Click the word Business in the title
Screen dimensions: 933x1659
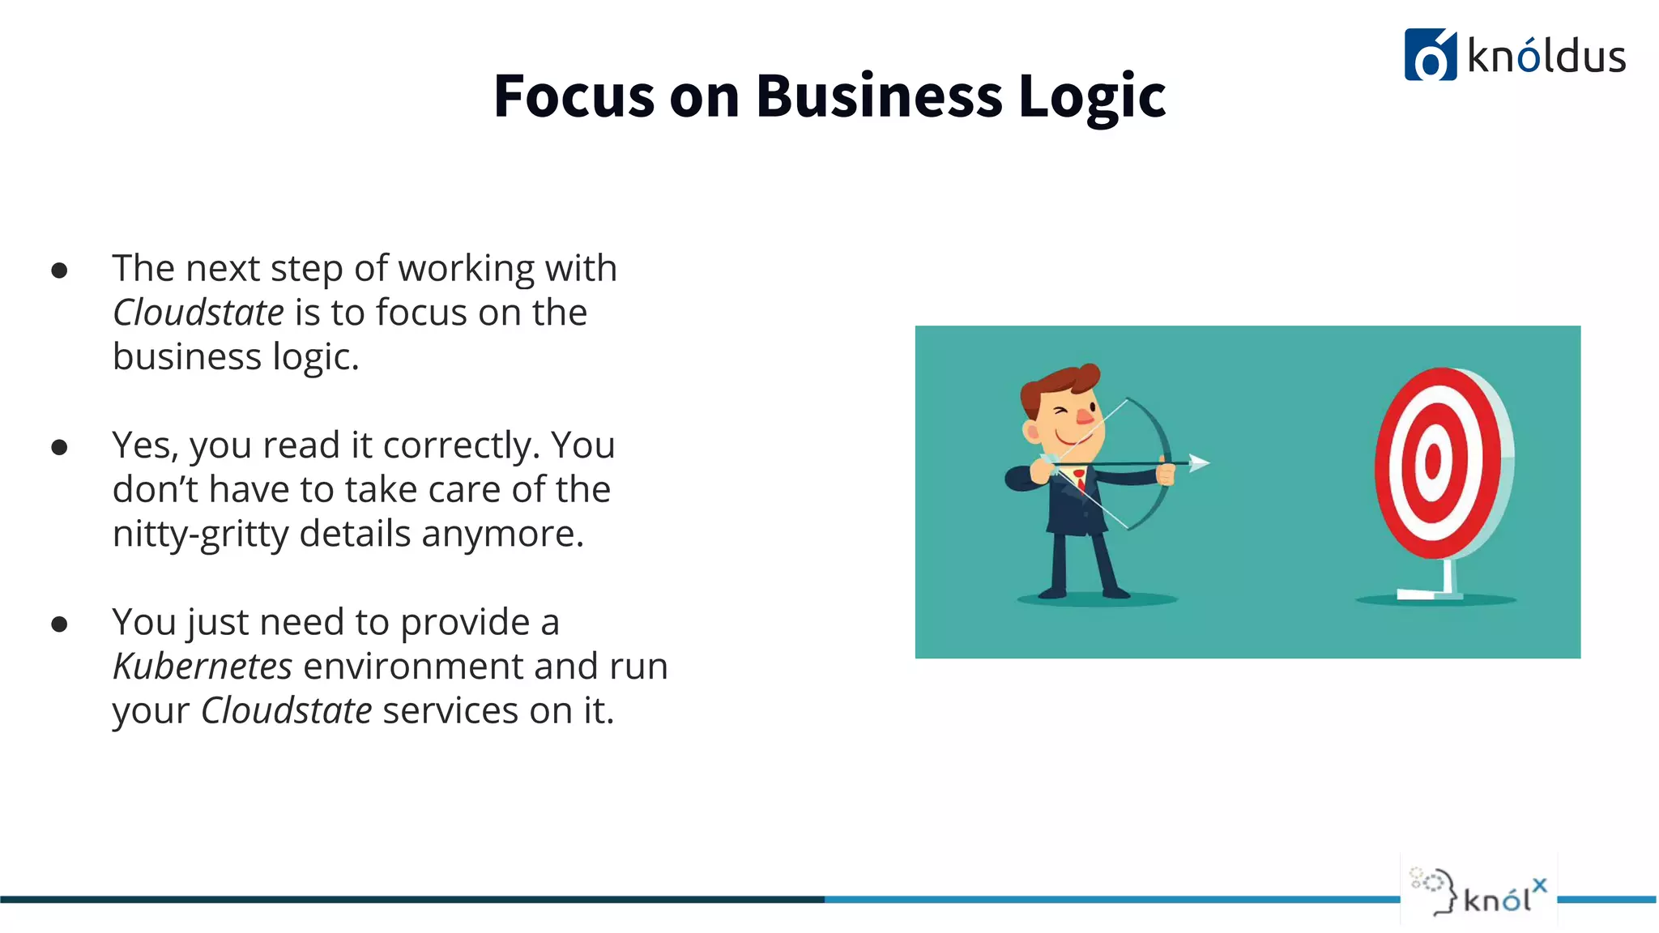click(x=879, y=96)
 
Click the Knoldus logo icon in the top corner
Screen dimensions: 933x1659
click(x=1430, y=55)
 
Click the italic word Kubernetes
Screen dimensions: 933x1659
click(x=203, y=667)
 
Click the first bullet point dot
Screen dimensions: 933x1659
click(x=59, y=271)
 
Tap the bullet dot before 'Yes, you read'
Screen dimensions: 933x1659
click(x=59, y=447)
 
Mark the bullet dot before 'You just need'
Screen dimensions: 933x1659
click(x=59, y=624)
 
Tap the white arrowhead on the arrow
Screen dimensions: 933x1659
click(x=1199, y=462)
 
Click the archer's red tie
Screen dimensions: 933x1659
click(x=1080, y=479)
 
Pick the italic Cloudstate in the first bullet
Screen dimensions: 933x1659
click(x=198, y=313)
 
